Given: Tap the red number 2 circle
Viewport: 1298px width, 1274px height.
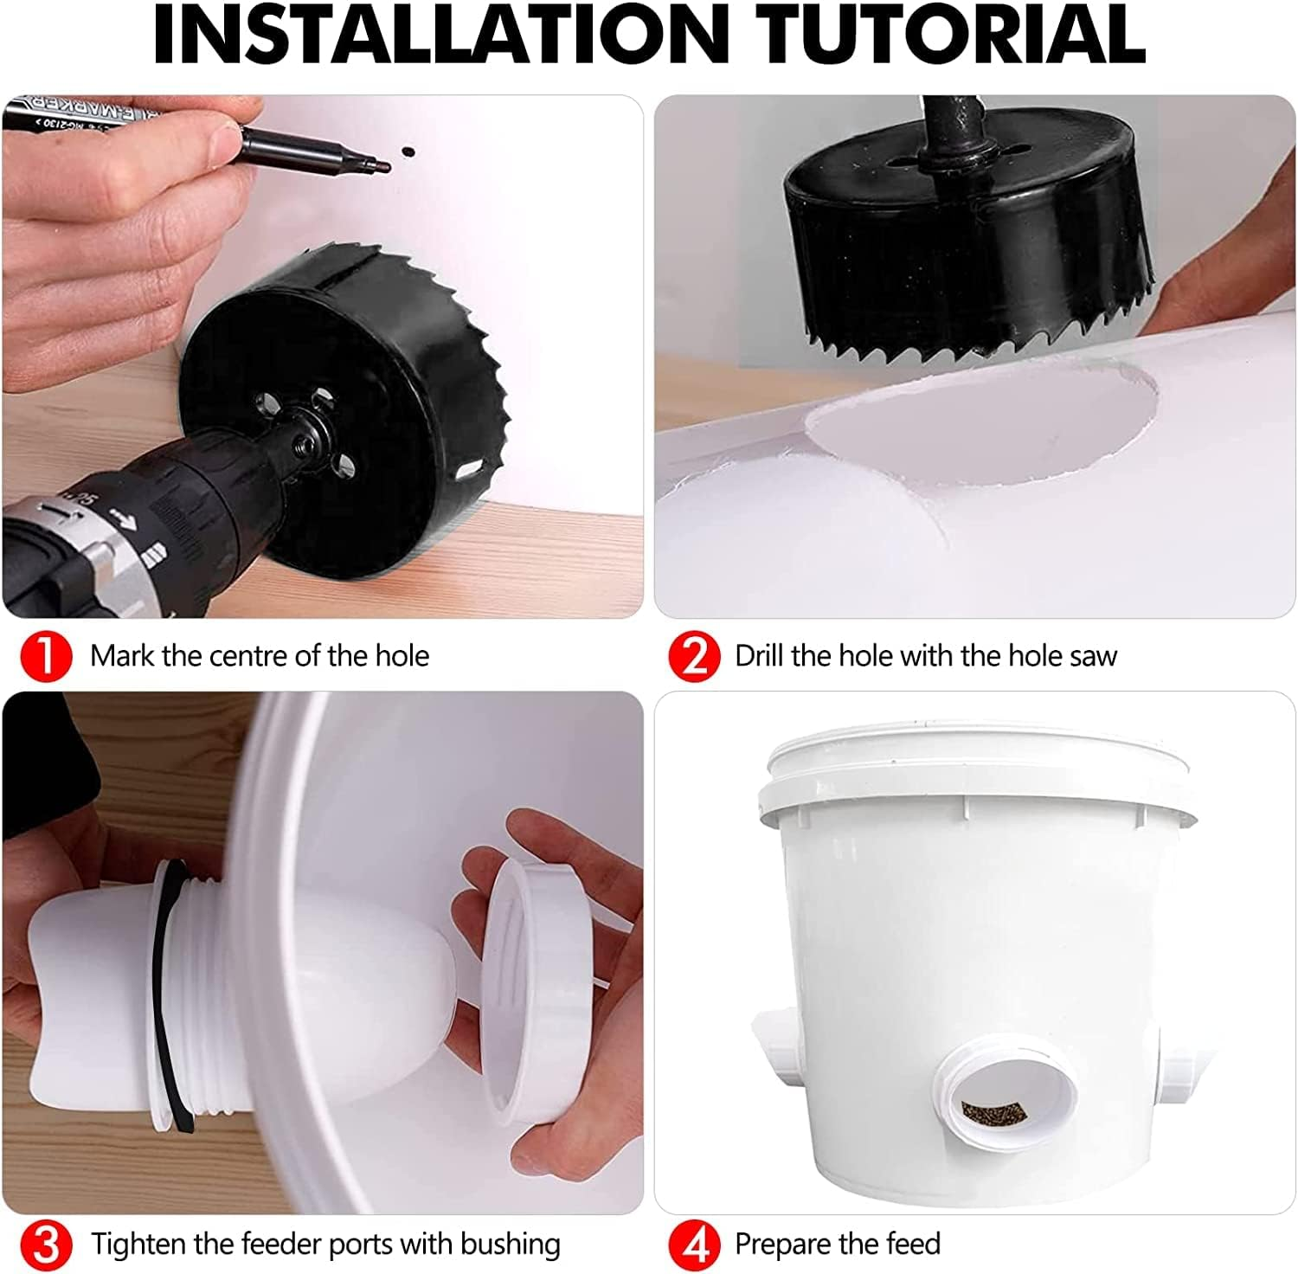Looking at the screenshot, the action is tap(694, 657).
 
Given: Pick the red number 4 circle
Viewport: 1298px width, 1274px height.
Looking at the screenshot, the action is tap(694, 1245).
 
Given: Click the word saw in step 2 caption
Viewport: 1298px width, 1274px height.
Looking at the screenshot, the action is tap(1093, 656).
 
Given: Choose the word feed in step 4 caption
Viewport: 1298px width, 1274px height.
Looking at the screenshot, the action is tap(911, 1244).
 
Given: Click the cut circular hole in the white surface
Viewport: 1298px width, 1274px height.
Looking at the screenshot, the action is tap(982, 424).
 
